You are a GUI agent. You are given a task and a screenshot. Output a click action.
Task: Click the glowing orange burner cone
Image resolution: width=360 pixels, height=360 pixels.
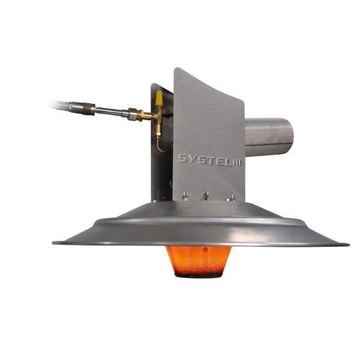tap(199, 261)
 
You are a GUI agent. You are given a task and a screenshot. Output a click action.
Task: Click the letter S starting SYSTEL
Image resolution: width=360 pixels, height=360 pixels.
tap(184, 158)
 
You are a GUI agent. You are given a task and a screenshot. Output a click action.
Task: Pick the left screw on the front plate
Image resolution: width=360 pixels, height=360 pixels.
tap(185, 194)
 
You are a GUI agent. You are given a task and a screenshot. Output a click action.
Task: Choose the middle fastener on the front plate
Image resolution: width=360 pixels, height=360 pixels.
tap(205, 196)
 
